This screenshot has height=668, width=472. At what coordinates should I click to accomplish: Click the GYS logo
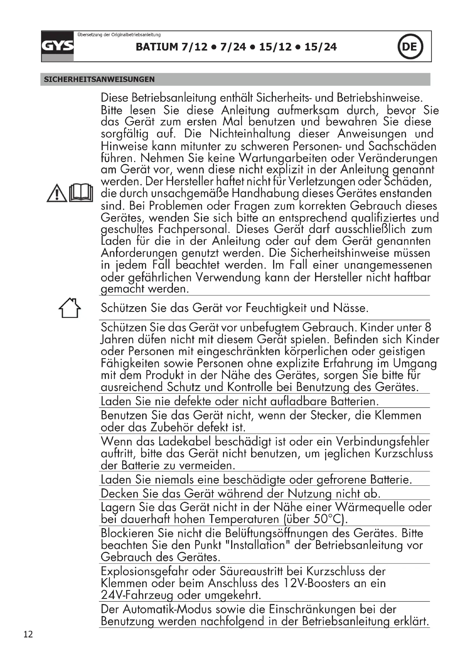click(57, 46)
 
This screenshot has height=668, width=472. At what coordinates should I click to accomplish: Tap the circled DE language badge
click(410, 47)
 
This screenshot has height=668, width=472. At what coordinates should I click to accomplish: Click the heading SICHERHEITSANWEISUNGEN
click(99, 79)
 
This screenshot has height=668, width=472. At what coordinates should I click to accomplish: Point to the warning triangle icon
click(57, 193)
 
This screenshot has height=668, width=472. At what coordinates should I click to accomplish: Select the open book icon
click(81, 192)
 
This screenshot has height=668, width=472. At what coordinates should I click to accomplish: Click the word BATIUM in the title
click(157, 47)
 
